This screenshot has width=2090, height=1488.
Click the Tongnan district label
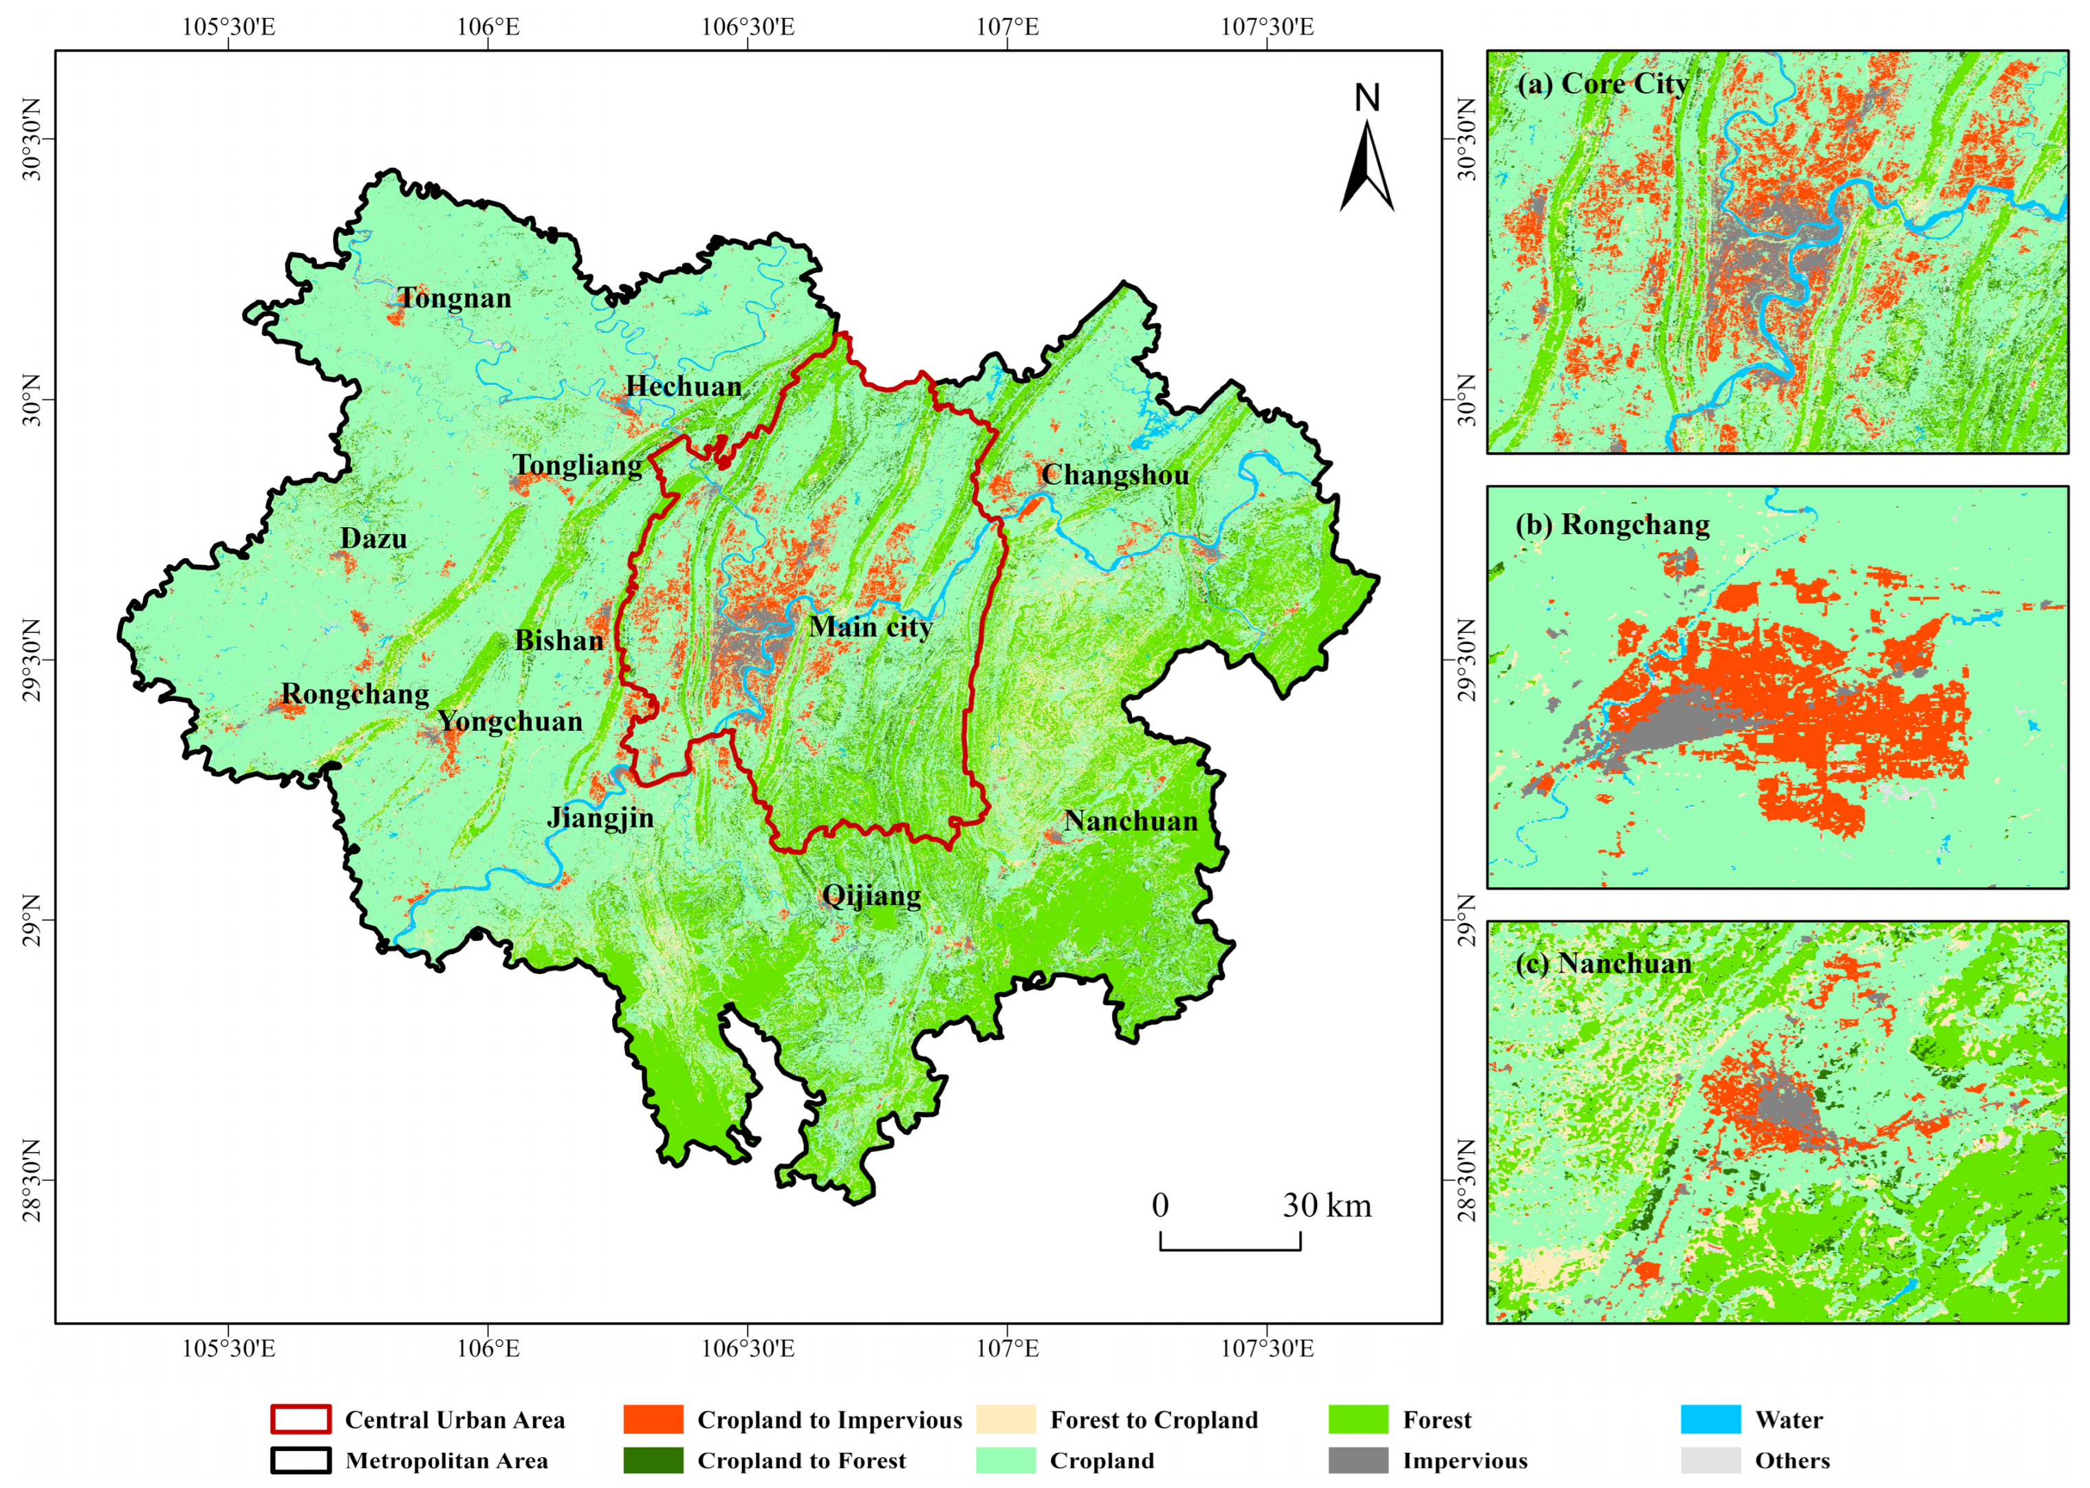455,299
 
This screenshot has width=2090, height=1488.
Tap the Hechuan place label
684,387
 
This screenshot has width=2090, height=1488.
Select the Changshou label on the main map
1115,475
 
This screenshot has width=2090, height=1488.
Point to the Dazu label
373,539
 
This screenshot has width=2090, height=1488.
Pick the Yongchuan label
510,722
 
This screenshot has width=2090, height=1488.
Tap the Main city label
871,628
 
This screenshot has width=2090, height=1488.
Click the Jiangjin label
600,817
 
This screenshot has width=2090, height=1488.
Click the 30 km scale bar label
1327,1206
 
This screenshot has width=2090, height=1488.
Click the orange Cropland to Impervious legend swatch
653,1419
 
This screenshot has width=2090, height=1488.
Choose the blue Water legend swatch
1710,1419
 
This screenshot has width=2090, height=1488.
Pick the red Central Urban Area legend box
301,1419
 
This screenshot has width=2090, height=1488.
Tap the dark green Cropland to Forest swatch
653,1461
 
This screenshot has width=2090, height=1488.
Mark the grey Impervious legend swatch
1358,1461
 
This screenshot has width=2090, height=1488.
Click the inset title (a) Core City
1602,85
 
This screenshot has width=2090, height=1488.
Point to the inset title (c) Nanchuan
1603,964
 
